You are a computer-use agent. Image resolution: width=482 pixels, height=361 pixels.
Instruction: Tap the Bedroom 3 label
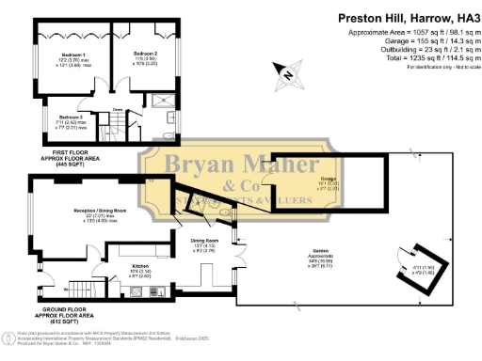tap(62, 118)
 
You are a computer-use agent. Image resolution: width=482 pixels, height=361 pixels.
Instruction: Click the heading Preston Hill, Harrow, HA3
tap(394, 16)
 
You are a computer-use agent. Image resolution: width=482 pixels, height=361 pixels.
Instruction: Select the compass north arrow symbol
tap(281, 70)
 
